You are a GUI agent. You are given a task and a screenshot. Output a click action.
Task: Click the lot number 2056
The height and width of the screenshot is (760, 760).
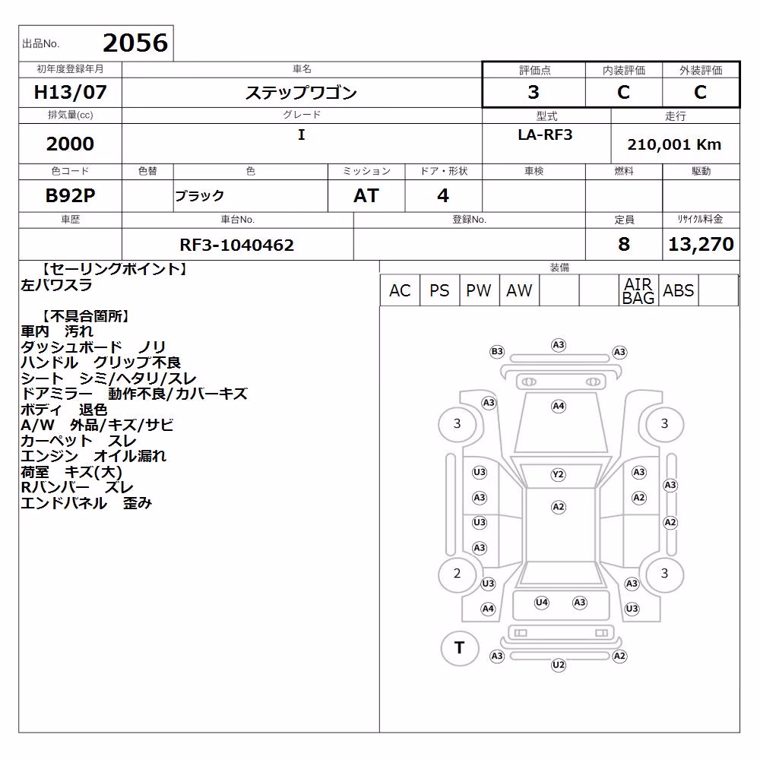135,43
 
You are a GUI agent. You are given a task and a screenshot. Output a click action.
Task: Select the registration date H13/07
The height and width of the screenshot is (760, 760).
70,92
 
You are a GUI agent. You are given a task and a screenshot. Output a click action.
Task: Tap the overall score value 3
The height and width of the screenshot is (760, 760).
534,92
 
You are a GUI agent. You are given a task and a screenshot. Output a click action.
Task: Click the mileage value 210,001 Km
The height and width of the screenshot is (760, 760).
674,144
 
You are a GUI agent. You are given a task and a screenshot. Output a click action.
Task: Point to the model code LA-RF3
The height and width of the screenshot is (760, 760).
545,135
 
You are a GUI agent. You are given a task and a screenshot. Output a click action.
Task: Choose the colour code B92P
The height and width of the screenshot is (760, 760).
70,195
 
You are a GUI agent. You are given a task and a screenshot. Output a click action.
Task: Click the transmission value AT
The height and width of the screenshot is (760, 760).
366,195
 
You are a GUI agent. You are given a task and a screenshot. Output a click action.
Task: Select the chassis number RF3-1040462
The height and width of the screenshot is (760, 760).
236,245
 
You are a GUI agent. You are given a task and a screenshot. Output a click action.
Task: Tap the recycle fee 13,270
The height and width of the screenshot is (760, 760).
701,244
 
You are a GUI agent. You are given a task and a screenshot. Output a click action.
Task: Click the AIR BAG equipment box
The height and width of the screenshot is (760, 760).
638,290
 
